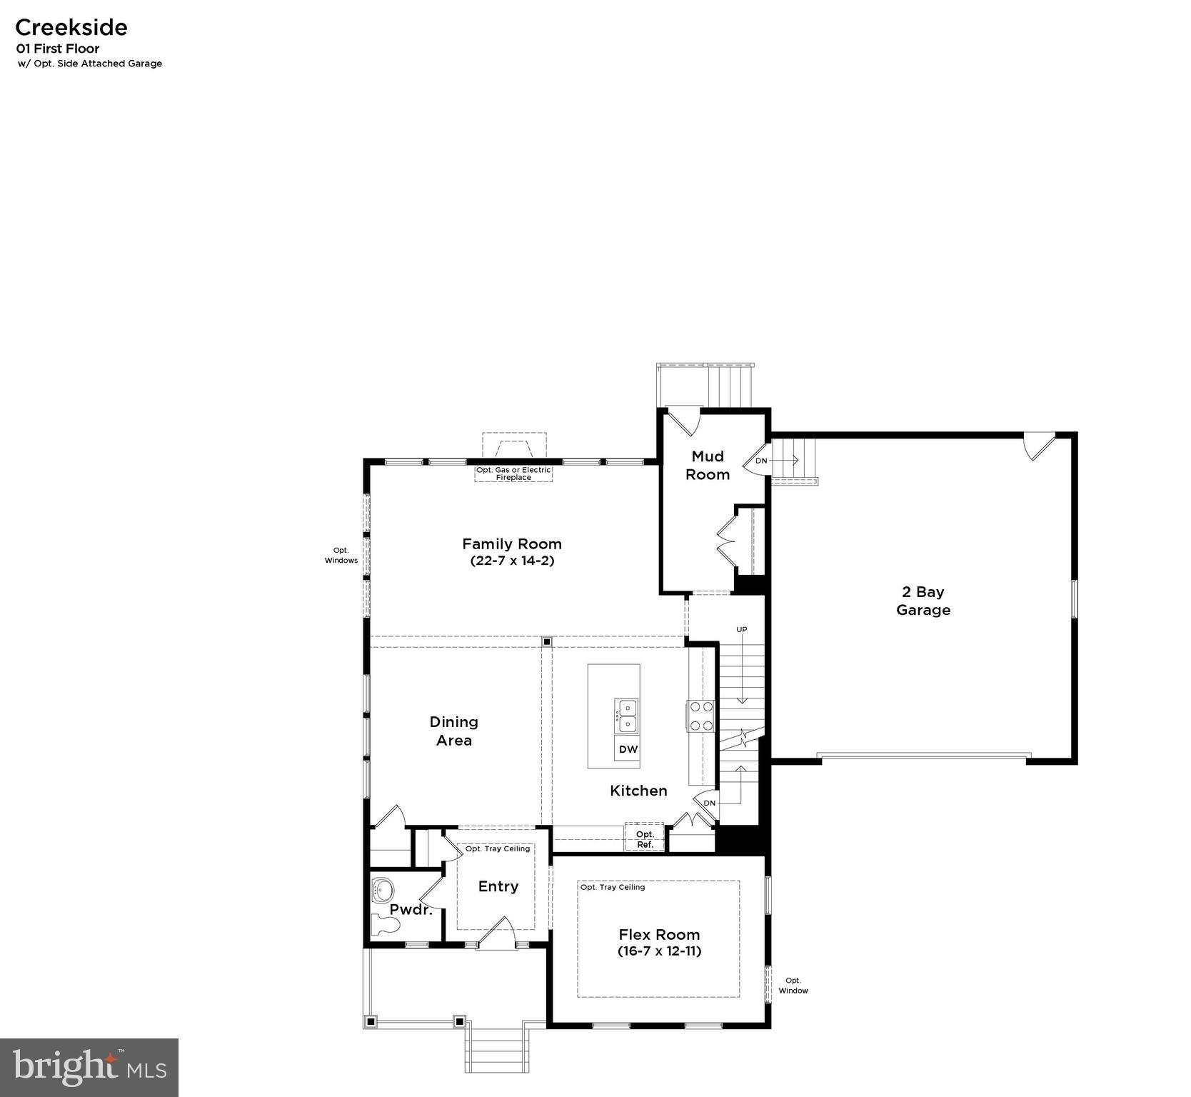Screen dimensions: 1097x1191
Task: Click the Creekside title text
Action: click(71, 27)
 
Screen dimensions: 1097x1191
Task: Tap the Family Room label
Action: click(511, 544)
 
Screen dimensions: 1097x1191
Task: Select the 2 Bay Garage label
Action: click(923, 601)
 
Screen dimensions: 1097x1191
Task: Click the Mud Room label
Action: click(707, 465)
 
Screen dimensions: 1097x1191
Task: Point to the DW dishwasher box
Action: click(628, 749)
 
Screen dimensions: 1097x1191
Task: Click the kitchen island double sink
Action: click(626, 716)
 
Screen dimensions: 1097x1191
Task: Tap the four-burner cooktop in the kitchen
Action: click(700, 716)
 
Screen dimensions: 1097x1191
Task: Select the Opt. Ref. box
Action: click(645, 838)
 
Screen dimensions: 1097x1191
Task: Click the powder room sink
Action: click(383, 891)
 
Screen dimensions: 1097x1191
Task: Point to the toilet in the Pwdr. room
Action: click(386, 925)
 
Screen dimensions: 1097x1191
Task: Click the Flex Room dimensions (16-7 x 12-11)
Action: click(659, 951)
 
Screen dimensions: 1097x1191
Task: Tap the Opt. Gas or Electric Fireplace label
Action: click(513, 474)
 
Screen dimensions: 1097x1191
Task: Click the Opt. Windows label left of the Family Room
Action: click(341, 556)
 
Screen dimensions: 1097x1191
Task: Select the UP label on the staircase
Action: click(742, 629)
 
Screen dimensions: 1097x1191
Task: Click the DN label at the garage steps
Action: click(761, 461)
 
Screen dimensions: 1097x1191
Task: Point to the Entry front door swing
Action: click(498, 933)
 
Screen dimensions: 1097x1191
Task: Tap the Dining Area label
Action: click(454, 731)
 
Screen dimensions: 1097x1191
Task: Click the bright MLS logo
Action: click(89, 1067)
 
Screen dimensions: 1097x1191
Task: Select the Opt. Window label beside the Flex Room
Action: click(793, 986)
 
